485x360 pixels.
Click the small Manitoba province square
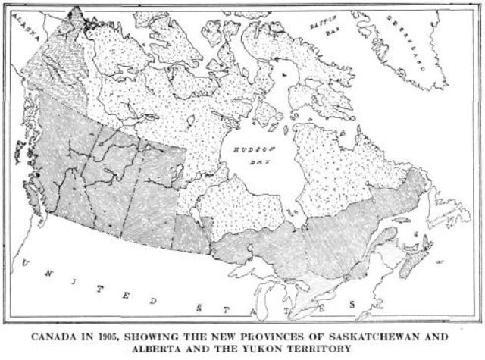pyautogui.click(x=192, y=231)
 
